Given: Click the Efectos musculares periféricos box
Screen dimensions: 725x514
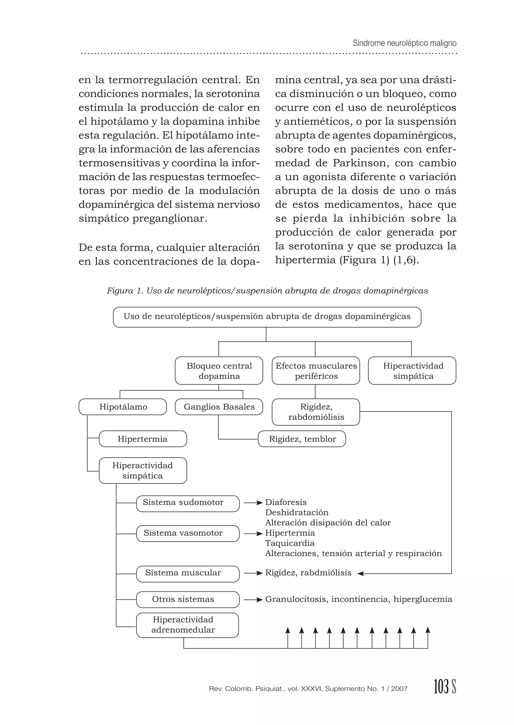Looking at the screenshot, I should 316,371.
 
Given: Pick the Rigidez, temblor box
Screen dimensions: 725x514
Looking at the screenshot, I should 302,439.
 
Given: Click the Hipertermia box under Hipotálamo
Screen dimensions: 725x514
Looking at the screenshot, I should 143,439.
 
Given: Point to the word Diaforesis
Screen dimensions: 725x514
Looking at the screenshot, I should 286,502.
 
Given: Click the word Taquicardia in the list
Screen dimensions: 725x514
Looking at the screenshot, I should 290,543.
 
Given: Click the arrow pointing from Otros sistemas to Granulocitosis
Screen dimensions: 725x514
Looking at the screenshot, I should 253,599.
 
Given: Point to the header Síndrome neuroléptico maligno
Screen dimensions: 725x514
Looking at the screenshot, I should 405,43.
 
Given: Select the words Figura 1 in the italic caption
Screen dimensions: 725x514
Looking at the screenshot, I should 125,291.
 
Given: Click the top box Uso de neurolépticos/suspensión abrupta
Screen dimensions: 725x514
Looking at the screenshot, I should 267,317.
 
